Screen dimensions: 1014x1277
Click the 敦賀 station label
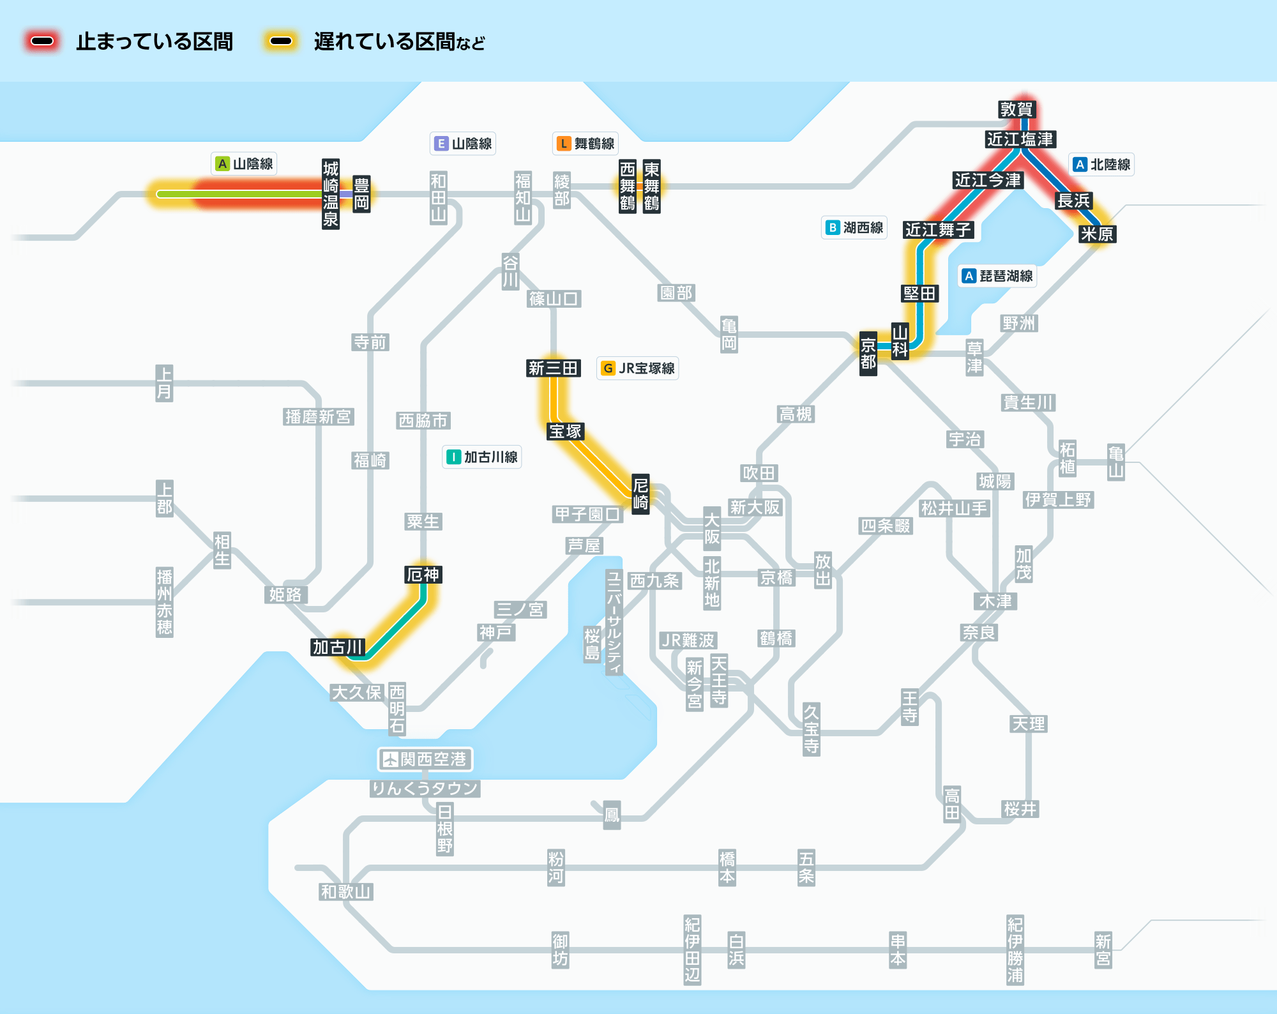click(x=1016, y=109)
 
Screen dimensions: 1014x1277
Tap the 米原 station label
click(x=1097, y=234)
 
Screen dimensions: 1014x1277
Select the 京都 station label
click(x=868, y=354)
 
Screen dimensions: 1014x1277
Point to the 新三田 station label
click(x=553, y=368)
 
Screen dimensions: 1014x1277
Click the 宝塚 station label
click(x=565, y=432)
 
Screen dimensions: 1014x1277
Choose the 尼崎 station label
click(x=640, y=494)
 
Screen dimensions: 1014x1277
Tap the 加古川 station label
click(x=338, y=647)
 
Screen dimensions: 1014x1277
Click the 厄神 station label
click(x=423, y=575)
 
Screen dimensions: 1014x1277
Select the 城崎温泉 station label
click(x=330, y=194)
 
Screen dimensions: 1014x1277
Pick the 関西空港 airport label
click(x=425, y=759)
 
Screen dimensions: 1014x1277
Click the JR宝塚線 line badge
click(x=638, y=368)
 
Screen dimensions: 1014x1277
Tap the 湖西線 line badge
click(x=854, y=228)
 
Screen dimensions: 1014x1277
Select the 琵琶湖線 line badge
click(x=997, y=276)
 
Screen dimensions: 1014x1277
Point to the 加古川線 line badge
click(x=482, y=457)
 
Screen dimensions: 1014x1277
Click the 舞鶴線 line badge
click(x=586, y=144)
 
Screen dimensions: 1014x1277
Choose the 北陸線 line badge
click(x=1101, y=165)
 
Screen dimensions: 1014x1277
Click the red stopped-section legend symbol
click(x=43, y=42)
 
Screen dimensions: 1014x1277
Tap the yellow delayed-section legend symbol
click(x=281, y=42)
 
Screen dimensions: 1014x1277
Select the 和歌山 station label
click(x=345, y=892)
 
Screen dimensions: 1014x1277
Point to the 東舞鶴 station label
click(x=651, y=186)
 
